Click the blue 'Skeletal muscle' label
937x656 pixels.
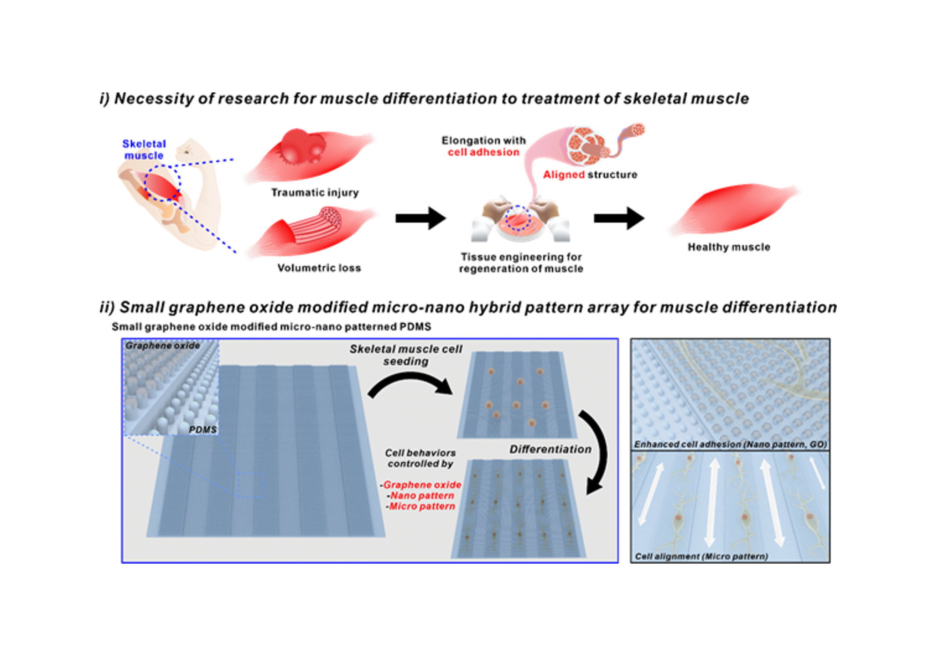(x=144, y=150)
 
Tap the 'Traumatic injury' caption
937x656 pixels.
(x=315, y=192)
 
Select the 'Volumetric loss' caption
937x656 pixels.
(x=319, y=268)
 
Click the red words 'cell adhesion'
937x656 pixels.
(x=483, y=152)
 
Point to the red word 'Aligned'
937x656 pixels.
(x=564, y=174)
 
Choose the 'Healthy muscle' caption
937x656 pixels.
(x=729, y=247)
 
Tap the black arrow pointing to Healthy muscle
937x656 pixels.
(x=619, y=218)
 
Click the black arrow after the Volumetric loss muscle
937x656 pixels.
(x=420, y=218)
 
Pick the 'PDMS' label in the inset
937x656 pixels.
(x=202, y=430)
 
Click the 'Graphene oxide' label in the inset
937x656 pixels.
(x=163, y=346)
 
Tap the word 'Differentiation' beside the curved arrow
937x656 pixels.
(x=550, y=449)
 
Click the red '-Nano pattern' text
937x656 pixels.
(x=421, y=496)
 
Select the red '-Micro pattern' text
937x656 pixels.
(x=420, y=506)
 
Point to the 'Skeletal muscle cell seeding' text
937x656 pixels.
(x=406, y=355)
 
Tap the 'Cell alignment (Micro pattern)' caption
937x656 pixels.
(x=701, y=556)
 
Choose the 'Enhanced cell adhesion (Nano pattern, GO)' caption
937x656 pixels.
(x=730, y=444)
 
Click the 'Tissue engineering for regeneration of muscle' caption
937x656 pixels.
(x=521, y=263)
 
